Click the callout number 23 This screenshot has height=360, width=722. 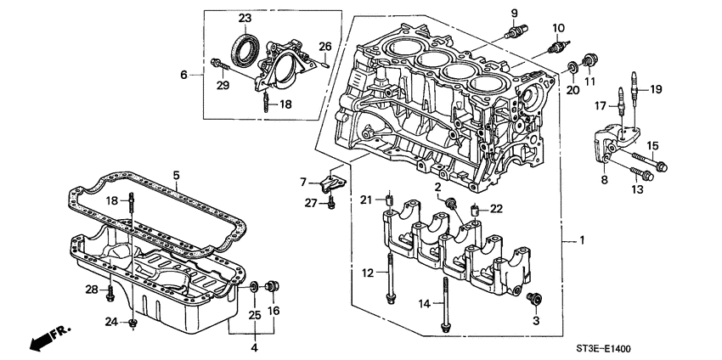click(245, 18)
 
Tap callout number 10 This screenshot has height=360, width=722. click(558, 27)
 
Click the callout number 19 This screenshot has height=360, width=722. click(655, 89)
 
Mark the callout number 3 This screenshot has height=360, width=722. click(535, 322)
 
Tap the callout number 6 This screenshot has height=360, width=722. click(183, 76)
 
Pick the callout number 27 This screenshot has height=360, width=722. click(309, 203)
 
